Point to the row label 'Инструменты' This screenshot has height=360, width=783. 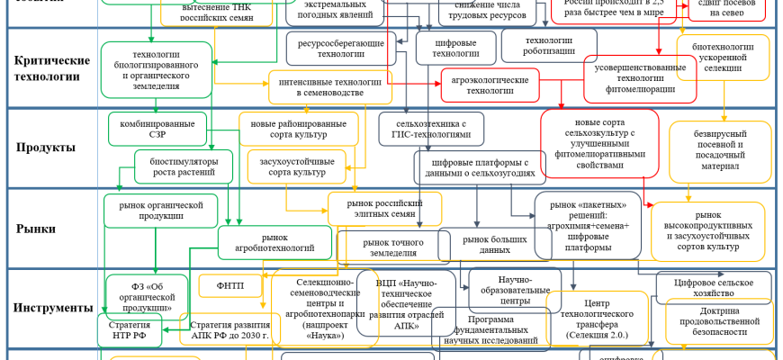pos(53,308)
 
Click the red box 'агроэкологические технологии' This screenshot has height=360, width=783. pos(490,85)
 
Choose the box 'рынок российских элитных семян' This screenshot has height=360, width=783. pos(384,210)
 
